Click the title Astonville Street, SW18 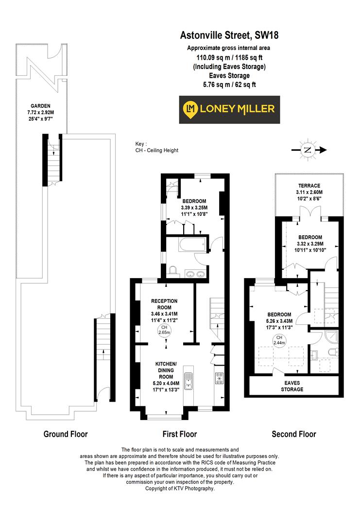pos(229,35)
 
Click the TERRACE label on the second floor pos(309,186)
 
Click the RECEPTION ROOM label pos(164,304)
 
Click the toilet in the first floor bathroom pos(173,271)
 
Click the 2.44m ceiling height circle pos(279,340)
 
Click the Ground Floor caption pos(66,434)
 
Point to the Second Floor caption pos(293,434)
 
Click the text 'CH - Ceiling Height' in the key pos(157,151)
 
